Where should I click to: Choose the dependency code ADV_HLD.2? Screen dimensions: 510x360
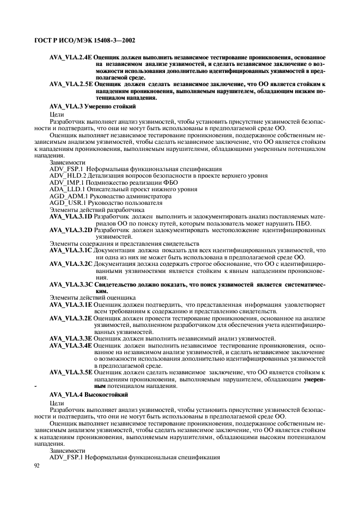tap(68, 176)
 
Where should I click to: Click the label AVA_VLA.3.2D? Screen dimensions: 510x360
tap(71, 230)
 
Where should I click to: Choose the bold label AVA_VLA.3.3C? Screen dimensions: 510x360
tap(71, 284)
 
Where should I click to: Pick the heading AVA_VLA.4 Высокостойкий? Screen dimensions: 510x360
tap(88, 393)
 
